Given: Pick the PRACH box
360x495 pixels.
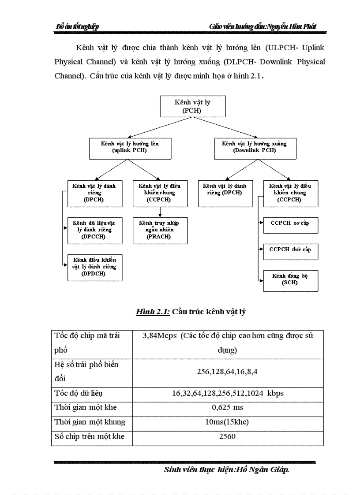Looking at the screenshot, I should point(160,230).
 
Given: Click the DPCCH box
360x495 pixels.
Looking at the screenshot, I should point(94,230).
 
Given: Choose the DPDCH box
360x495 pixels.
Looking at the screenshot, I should point(94,267).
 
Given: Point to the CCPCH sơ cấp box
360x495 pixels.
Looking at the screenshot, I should point(290,225).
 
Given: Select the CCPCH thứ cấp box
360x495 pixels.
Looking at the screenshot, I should point(290,251).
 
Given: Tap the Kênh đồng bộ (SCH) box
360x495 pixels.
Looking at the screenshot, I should point(290,280).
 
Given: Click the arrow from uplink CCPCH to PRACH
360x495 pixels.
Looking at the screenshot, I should point(160,212).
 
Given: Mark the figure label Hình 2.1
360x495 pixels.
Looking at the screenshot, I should point(152,312).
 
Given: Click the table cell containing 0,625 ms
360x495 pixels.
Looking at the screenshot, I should point(228,407).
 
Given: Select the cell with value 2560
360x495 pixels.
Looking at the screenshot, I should point(228,437).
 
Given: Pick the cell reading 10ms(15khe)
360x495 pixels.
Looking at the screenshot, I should point(228,422).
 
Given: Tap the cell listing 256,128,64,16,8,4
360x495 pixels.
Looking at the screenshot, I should point(228,372).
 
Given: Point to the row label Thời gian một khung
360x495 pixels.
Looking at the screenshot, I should point(90,422).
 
